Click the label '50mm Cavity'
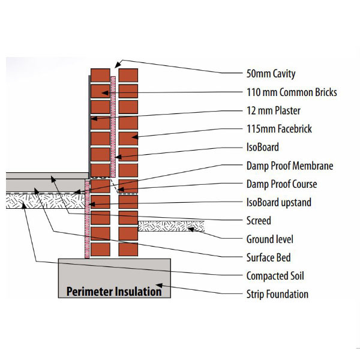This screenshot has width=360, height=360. point(271,74)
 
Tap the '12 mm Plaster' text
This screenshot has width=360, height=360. point(274,110)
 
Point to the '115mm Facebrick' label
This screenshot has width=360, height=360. point(279,129)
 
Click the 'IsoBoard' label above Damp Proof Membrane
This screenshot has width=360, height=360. point(263,147)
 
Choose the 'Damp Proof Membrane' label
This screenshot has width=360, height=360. point(290,166)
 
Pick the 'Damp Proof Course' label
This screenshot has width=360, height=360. point(281,184)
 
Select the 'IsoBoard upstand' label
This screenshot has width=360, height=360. point(279,202)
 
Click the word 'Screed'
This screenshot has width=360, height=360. point(259,220)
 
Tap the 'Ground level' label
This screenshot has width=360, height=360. point(270,239)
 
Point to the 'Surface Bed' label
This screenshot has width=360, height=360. point(268,257)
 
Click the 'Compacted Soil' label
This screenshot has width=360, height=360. point(275,276)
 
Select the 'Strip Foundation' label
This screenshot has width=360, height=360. point(277,295)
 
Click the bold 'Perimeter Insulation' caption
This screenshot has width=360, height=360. point(114,292)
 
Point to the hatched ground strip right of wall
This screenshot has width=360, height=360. point(171,226)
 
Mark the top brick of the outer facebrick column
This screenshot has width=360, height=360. point(128,75)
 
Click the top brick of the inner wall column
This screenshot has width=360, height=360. point(100,75)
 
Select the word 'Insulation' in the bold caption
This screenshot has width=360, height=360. point(139,292)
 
